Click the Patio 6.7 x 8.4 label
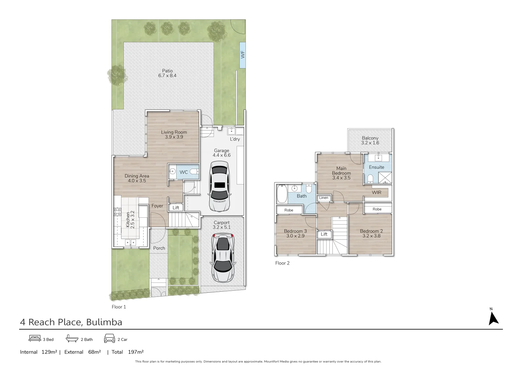[x=167, y=73]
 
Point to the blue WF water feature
[x=242, y=55]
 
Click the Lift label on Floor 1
[x=176, y=208]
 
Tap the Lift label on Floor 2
[x=324, y=234]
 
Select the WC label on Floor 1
[x=183, y=172]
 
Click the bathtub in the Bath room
[x=281, y=194]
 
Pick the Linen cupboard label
[x=324, y=198]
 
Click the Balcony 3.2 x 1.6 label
[x=370, y=140]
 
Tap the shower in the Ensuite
[x=385, y=178]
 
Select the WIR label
[x=376, y=193]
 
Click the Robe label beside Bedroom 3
[x=289, y=210]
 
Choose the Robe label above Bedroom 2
[x=377, y=209]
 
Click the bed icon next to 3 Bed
[x=35, y=338]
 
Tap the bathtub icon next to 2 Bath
[x=72, y=338]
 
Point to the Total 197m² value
[x=135, y=352]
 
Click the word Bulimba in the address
[x=104, y=322]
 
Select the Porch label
[x=159, y=248]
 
